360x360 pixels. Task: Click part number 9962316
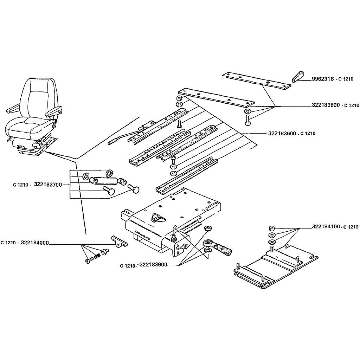[323, 79]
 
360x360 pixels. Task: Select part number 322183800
[326, 105]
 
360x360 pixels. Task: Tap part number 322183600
[282, 133]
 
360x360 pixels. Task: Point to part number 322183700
[48, 185]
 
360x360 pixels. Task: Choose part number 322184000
[35, 243]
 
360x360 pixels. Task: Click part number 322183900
[153, 264]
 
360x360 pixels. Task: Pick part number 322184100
[326, 226]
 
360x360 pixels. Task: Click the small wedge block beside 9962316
[298, 77]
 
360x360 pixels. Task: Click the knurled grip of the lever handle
[223, 250]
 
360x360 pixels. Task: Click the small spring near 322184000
[97, 255]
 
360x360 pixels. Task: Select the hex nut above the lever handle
[208, 229]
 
